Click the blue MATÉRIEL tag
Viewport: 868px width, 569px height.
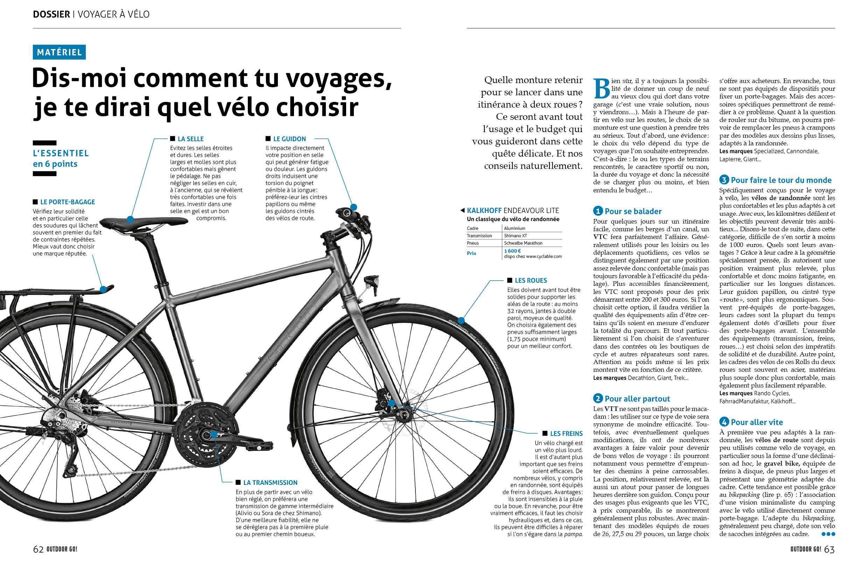pos(59,52)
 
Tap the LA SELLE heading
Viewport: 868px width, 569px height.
pos(190,139)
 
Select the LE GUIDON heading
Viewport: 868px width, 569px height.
pos(289,139)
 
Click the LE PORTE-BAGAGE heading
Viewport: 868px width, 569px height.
pos(68,202)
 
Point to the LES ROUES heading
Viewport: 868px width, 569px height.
pos(531,281)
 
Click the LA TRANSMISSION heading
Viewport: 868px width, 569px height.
pos(270,483)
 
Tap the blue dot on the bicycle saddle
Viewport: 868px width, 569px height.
pos(130,219)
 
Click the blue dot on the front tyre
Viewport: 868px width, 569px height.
pos(461,321)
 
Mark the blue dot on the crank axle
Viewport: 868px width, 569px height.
pos(214,434)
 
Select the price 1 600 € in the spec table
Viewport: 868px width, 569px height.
pos(512,251)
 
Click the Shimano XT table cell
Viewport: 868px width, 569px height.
pos(515,236)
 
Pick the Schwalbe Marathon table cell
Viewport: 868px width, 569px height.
pos(523,243)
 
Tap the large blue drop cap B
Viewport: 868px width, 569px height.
pos(601,89)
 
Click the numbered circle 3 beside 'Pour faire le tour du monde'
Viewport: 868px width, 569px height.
pos(724,180)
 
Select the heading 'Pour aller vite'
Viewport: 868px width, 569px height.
pos(757,422)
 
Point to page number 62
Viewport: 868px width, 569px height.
pos(38,549)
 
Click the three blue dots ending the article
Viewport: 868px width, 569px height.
pos(828,534)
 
